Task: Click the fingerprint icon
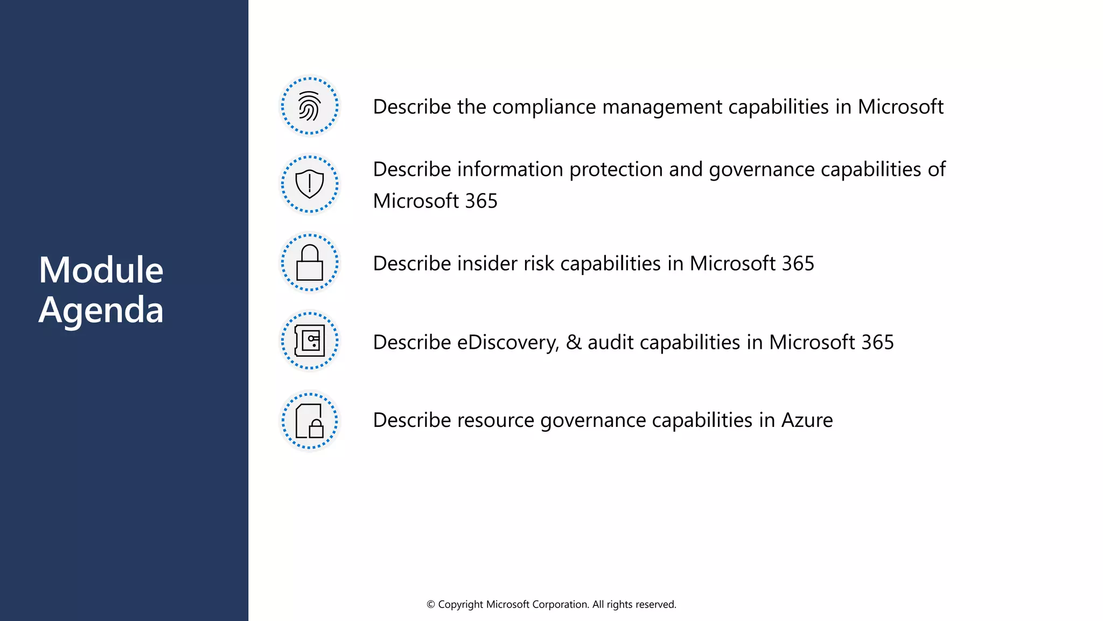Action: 309,106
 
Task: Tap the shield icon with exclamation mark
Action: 309,184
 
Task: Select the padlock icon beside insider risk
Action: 309,263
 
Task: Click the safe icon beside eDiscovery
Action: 309,341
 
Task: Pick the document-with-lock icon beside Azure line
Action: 309,420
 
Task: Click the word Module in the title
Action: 101,270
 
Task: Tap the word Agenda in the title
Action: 101,310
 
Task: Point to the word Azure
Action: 807,420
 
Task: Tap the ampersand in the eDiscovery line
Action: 574,343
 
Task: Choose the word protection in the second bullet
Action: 616,170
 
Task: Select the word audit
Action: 610,343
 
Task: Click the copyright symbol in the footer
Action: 431,605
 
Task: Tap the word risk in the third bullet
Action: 539,264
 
